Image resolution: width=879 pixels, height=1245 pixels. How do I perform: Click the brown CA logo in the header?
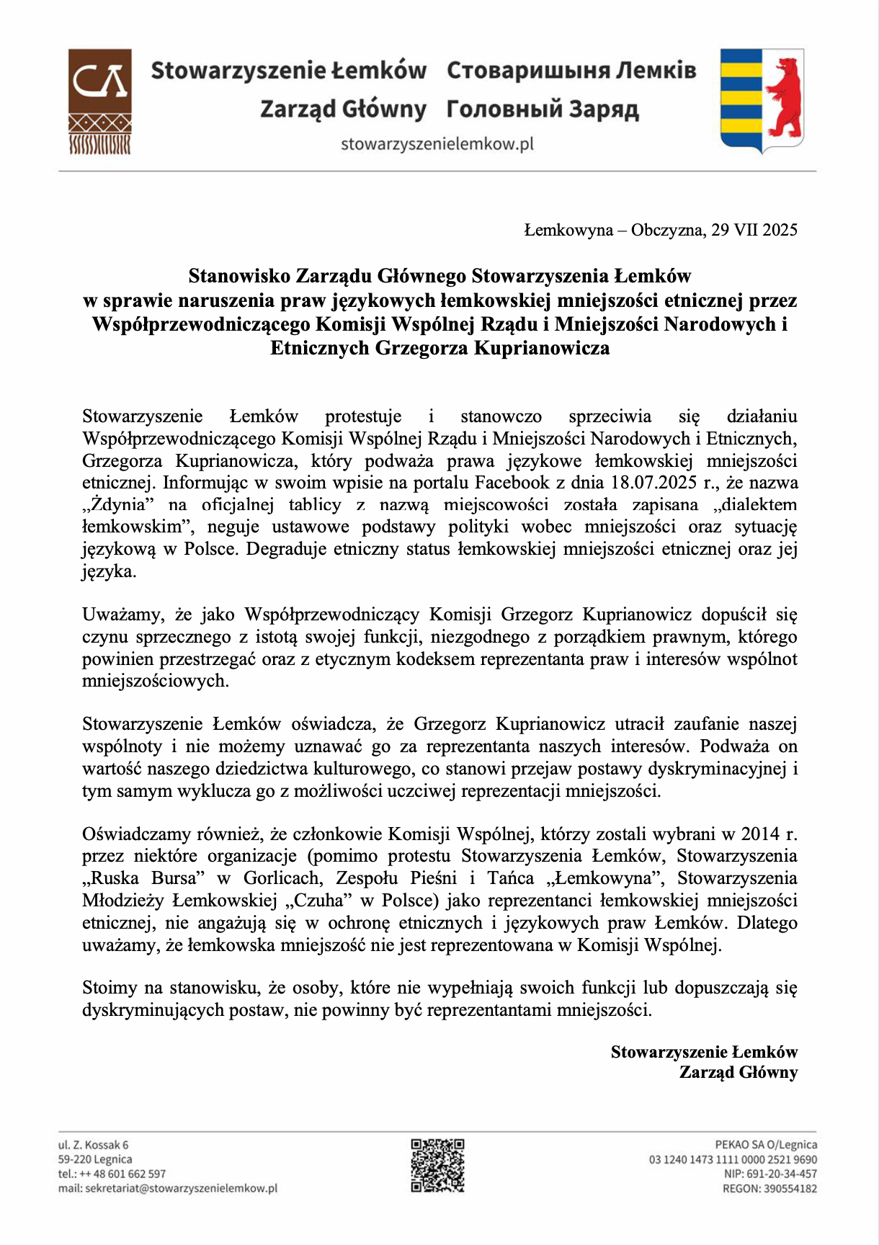click(x=100, y=102)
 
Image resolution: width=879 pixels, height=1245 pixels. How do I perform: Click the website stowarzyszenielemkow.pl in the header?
click(x=437, y=144)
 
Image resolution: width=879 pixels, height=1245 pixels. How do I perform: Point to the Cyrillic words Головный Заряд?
click(x=543, y=110)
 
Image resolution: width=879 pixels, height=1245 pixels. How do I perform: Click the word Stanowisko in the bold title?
click(x=239, y=276)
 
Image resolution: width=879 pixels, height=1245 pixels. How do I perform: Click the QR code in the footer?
click(x=437, y=1165)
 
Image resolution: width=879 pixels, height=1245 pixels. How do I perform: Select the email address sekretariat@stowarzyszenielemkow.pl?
click(x=181, y=1189)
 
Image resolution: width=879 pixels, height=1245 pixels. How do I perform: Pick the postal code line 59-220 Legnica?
click(x=95, y=1159)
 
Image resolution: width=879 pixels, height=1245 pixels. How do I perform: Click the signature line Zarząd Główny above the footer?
click(x=739, y=1073)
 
